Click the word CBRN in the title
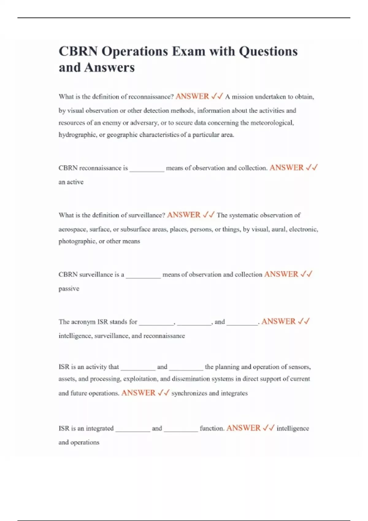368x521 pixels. tap(78, 51)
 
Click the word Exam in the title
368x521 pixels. tap(188, 51)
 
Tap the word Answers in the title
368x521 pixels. tap(109, 67)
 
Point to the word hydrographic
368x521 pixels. tap(77, 135)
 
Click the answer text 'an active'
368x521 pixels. tap(71, 182)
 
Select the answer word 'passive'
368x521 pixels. tap(69, 289)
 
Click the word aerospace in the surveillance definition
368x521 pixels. tap(72, 229)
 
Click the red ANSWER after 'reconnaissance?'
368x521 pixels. tap(192, 97)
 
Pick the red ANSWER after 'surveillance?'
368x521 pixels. tap(184, 215)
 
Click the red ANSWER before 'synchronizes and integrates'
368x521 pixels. tap(138, 393)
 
